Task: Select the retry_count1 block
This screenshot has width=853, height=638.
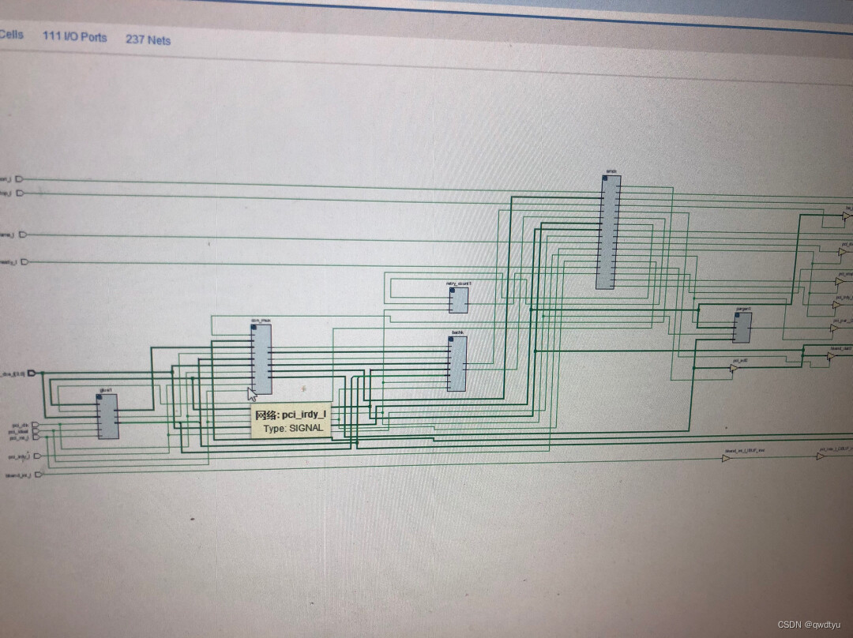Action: point(459,300)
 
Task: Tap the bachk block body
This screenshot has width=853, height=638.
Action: point(457,363)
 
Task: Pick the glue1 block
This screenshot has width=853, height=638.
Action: point(107,416)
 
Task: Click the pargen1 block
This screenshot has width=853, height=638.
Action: point(742,327)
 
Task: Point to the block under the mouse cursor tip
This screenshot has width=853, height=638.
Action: point(261,359)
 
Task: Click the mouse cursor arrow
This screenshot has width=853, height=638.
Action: point(252,394)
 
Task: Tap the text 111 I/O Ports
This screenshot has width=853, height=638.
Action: point(74,37)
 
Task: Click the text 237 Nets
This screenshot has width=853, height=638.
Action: point(148,39)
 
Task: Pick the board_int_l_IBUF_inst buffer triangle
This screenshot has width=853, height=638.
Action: point(726,458)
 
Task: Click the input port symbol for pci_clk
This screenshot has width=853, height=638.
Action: point(35,425)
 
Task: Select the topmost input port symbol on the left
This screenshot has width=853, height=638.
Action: point(21,179)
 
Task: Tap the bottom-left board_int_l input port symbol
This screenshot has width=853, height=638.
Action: point(39,475)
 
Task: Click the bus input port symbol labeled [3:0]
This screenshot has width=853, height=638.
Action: point(32,373)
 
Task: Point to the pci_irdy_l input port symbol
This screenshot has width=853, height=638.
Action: point(37,456)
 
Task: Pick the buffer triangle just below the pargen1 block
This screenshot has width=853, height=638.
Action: point(734,368)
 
